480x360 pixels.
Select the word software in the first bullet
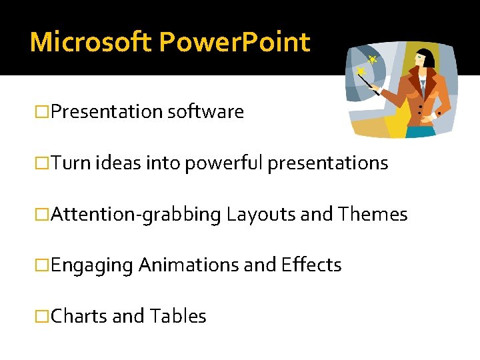point(205,112)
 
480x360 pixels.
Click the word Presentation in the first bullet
point(106,112)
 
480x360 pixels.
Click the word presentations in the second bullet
point(327,163)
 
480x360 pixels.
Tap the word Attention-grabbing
point(135,214)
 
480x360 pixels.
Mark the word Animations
point(189,265)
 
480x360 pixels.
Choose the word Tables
point(178,316)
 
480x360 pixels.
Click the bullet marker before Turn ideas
point(42,163)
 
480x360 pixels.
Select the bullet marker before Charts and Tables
point(42,316)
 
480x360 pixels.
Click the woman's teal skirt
point(420,131)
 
